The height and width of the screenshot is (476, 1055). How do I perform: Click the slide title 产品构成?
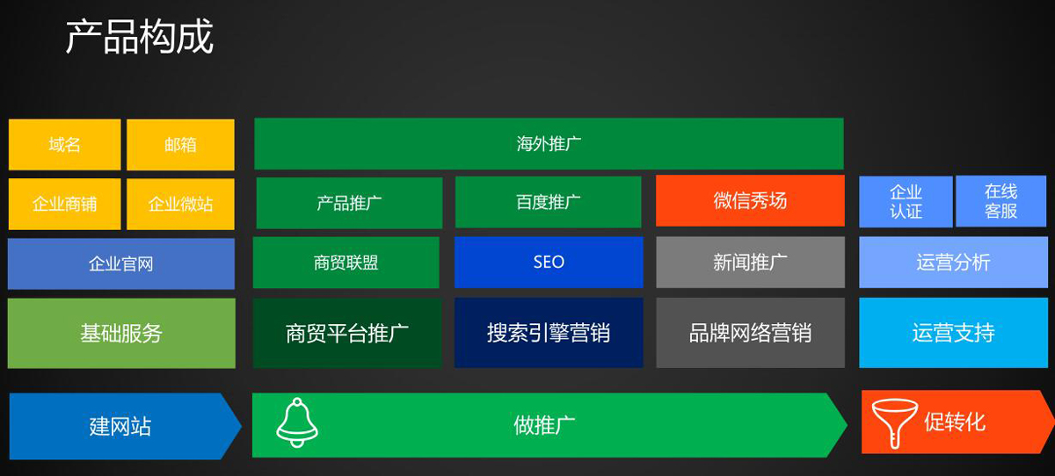[140, 37]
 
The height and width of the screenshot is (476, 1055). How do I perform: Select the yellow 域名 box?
[64, 144]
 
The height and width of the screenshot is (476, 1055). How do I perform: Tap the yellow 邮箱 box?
[180, 144]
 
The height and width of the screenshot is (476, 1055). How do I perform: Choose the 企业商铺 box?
[64, 204]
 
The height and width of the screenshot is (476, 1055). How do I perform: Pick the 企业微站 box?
[180, 204]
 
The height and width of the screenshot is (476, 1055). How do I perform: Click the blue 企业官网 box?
[121, 263]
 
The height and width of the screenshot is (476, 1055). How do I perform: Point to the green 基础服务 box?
[121, 333]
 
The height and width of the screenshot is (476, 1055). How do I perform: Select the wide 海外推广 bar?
[549, 143]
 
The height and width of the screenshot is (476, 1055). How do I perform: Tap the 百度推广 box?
[549, 202]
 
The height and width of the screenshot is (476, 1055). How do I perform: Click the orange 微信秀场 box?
[750, 201]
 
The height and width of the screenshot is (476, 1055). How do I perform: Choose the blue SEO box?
[549, 262]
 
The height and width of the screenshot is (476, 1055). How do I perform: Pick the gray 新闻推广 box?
[750, 262]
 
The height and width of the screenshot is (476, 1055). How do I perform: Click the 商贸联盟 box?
[346, 263]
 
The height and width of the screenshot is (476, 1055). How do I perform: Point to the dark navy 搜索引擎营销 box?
[549, 333]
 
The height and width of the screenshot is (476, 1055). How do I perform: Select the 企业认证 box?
[906, 201]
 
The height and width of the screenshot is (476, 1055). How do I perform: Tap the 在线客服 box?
[1001, 201]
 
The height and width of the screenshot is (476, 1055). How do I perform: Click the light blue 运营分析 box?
[954, 262]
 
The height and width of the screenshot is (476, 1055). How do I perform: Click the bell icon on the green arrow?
[297, 422]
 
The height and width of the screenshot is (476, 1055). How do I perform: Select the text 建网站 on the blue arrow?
[120, 426]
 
